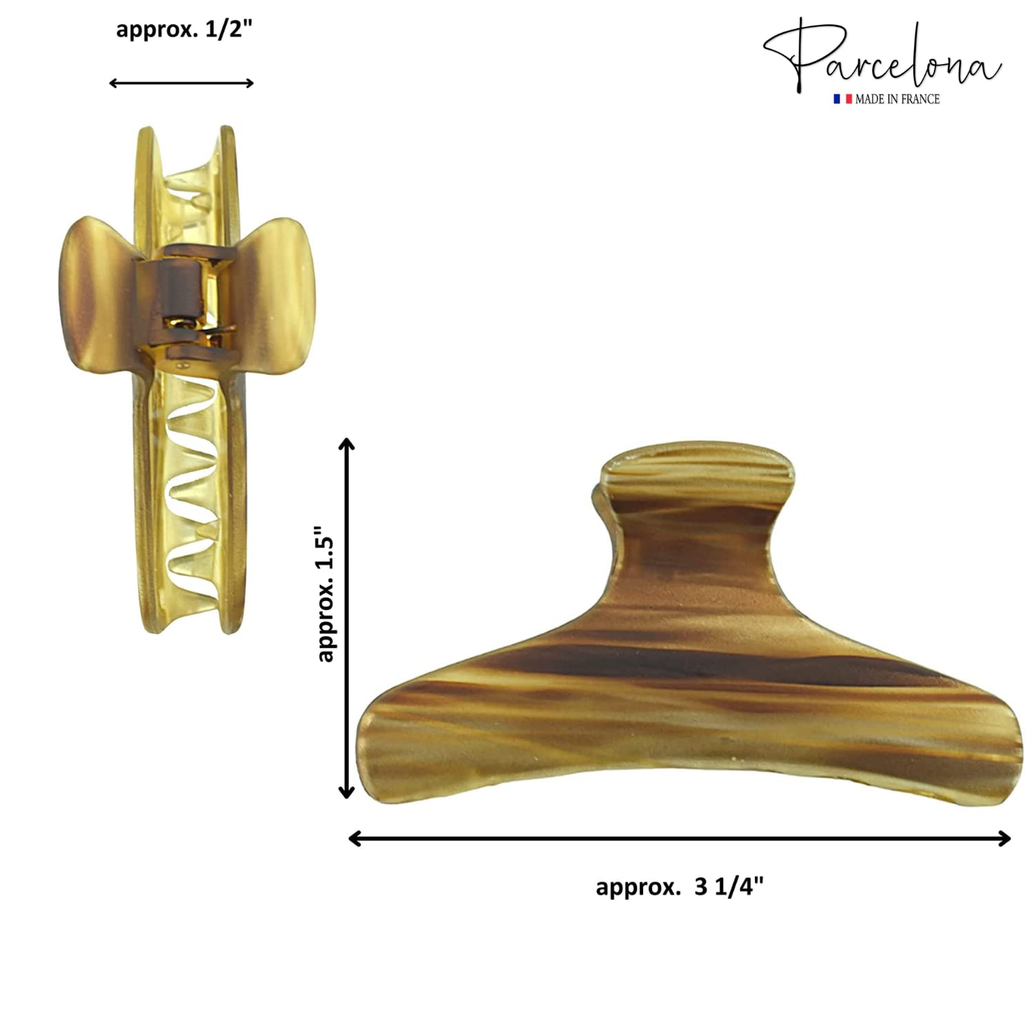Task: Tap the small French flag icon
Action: (842, 99)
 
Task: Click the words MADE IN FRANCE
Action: (898, 99)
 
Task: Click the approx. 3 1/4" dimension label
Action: (680, 886)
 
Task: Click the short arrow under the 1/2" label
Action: (182, 83)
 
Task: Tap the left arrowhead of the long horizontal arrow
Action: (356, 838)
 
